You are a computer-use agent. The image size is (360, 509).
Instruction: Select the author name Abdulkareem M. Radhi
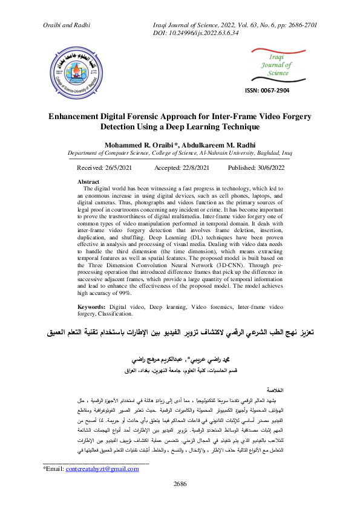[x=215, y=146]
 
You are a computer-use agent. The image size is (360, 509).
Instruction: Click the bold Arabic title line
[x=180, y=332]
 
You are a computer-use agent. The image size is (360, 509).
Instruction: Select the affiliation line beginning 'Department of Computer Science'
[x=180, y=154]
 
